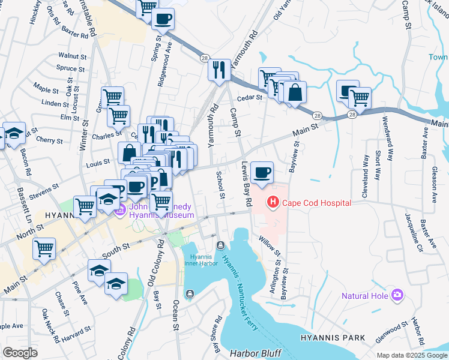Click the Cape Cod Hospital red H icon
[273, 203]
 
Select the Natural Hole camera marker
[397, 295]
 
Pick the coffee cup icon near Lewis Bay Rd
[261, 173]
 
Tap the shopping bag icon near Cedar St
[295, 93]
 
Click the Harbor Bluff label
[251, 353]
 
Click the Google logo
[20, 353]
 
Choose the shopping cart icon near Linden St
[112, 96]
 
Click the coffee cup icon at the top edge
[163, 19]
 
